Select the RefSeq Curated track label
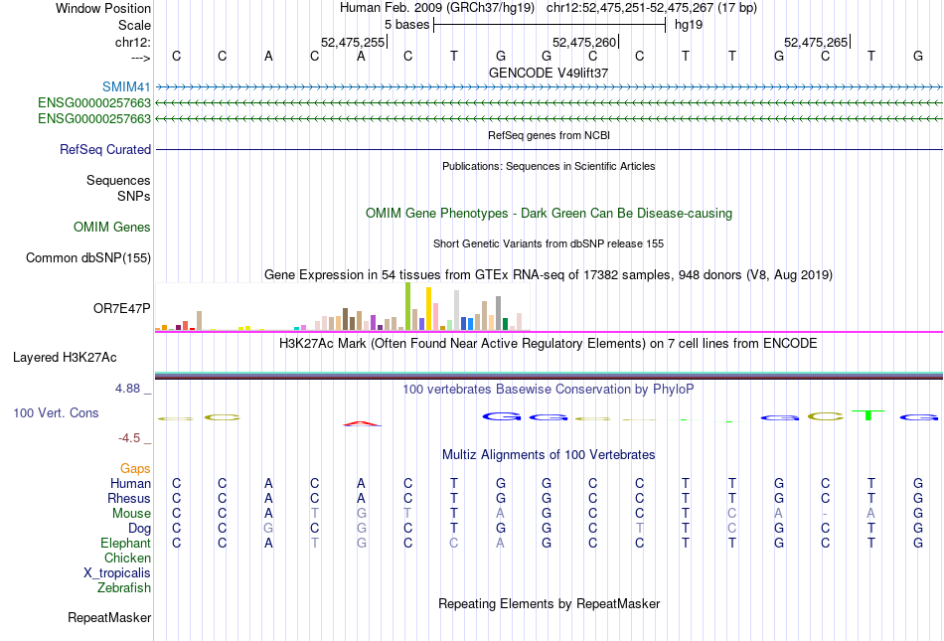tap(105, 149)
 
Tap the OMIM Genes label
tap(112, 228)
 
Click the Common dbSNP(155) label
tap(88, 258)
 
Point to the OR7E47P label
tap(121, 308)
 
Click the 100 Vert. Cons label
tap(56, 412)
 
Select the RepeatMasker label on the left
tap(109, 618)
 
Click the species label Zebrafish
tap(124, 587)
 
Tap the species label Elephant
tap(125, 543)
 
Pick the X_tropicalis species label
tap(117, 572)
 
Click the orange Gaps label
tap(135, 468)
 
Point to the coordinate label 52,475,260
tap(583, 42)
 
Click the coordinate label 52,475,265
tap(816, 42)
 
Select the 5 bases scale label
tap(404, 24)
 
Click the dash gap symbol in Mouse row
tap(825, 513)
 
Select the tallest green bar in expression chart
tap(407, 306)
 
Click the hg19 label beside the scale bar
tap(689, 24)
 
